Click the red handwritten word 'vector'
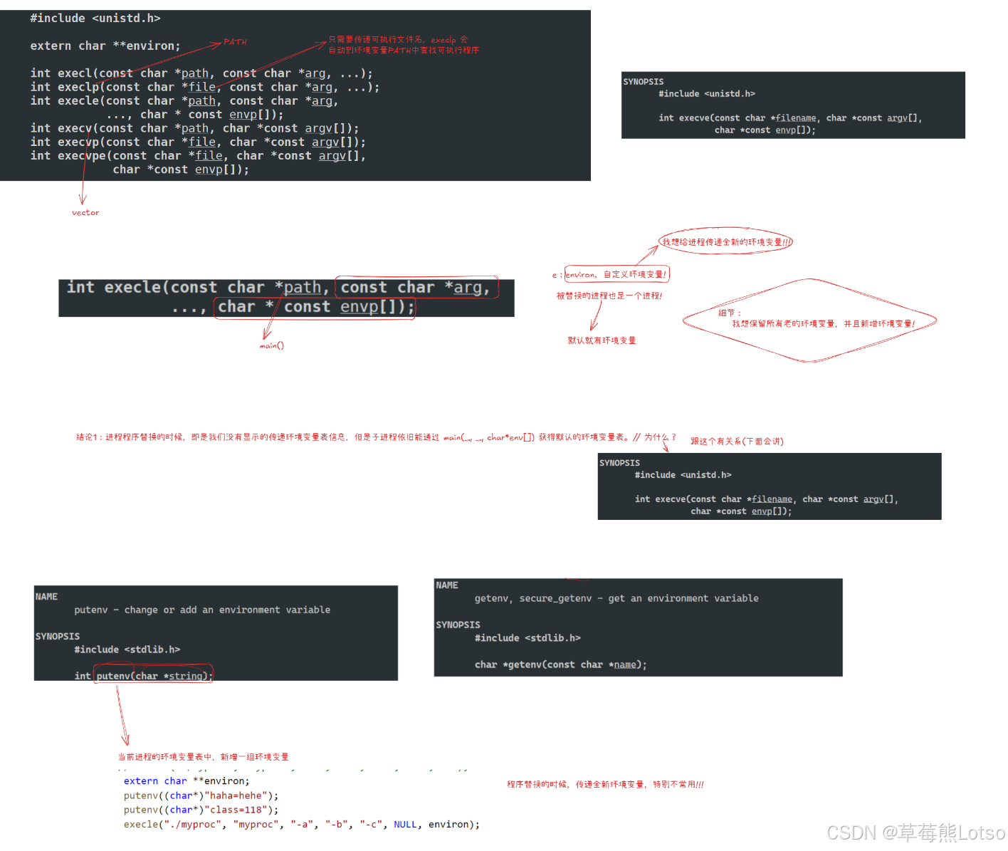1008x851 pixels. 85,213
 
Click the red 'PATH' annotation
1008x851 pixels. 235,42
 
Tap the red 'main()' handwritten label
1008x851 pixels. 271,346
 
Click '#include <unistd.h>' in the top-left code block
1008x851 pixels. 95,19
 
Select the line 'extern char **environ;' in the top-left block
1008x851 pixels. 105,46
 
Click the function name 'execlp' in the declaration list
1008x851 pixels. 78,88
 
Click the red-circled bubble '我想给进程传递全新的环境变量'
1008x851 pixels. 725,242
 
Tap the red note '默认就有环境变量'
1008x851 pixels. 602,340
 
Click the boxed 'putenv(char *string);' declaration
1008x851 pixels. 154,676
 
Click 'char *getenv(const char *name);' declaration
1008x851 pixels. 560,664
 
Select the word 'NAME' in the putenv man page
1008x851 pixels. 46,597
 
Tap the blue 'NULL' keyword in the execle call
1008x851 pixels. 405,825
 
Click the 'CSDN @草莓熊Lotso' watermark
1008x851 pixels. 915,832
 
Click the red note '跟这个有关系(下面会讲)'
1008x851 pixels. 737,442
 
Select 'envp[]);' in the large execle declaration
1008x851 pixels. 377,307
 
